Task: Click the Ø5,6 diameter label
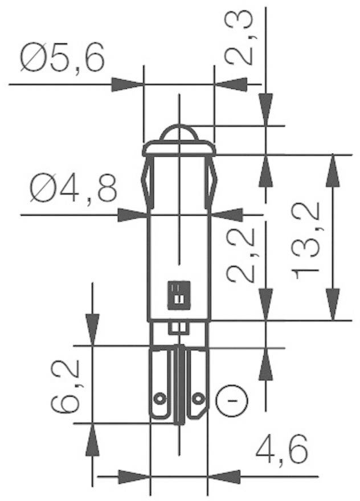pyautogui.click(x=63, y=59)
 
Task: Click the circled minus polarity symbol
pyautogui.click(x=232, y=400)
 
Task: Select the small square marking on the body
pyautogui.click(x=178, y=294)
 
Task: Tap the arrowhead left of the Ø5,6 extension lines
pyautogui.click(x=126, y=85)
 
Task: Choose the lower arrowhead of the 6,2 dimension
pyautogui.click(x=92, y=439)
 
